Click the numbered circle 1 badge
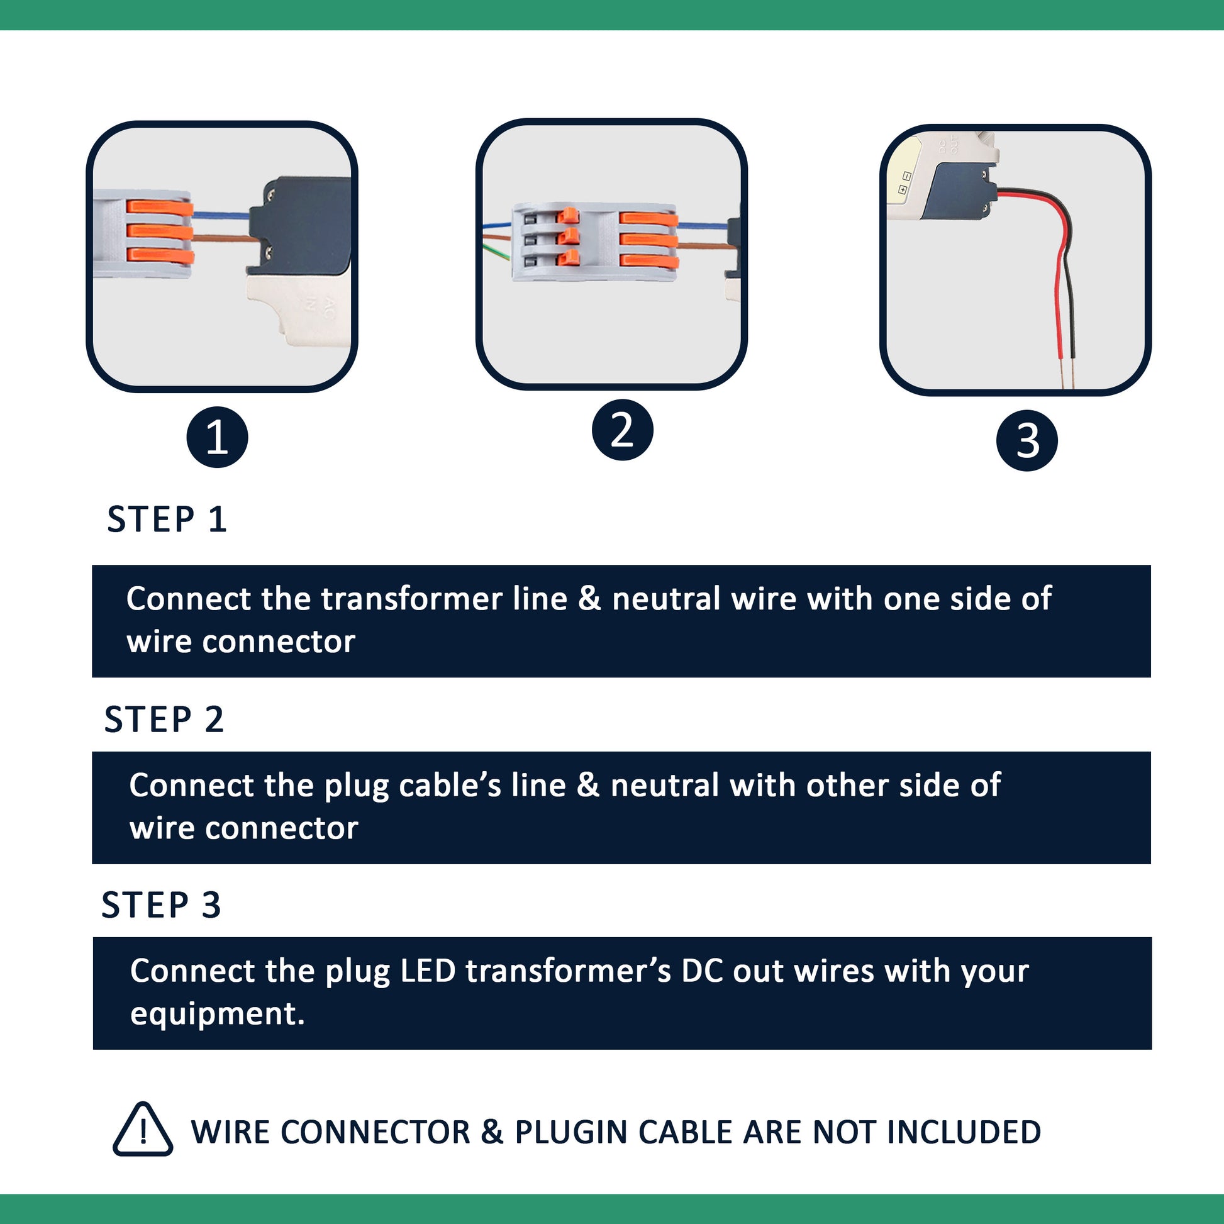(x=216, y=437)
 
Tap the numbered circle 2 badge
(x=622, y=430)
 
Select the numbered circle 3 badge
(x=1026, y=440)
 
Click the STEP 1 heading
(x=167, y=520)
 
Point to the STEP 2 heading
(x=164, y=719)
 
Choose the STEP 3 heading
(x=161, y=904)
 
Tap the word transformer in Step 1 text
(x=411, y=599)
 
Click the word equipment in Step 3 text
(x=216, y=1013)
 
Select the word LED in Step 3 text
(x=428, y=971)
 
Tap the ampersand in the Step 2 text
(x=588, y=785)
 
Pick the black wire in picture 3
(x=1071, y=304)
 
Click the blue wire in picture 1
(x=221, y=215)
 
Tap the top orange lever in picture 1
(x=160, y=208)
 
